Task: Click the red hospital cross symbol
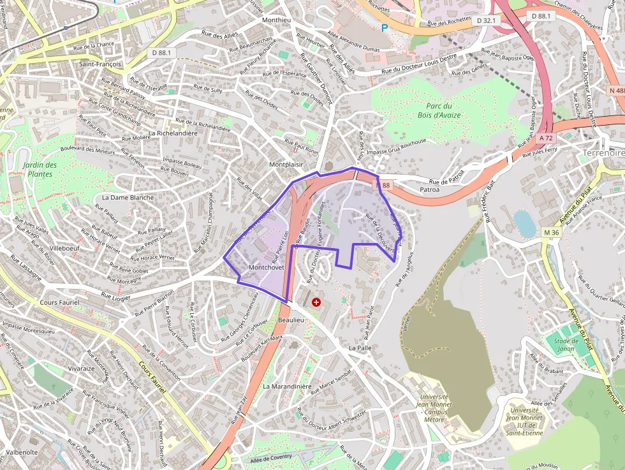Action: (x=316, y=302)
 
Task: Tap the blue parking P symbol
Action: (x=384, y=27)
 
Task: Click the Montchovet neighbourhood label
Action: (x=266, y=267)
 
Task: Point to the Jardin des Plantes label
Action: (x=40, y=169)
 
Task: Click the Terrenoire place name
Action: (x=603, y=153)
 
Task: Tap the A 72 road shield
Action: (x=545, y=138)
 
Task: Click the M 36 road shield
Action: (x=551, y=232)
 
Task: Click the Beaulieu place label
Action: (x=291, y=319)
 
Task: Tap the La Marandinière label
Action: (x=287, y=386)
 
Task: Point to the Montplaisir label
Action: (x=286, y=164)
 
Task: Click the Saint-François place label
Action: (x=100, y=64)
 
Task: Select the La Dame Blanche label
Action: (x=128, y=197)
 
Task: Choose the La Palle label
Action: (x=360, y=348)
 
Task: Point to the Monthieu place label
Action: (x=276, y=20)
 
